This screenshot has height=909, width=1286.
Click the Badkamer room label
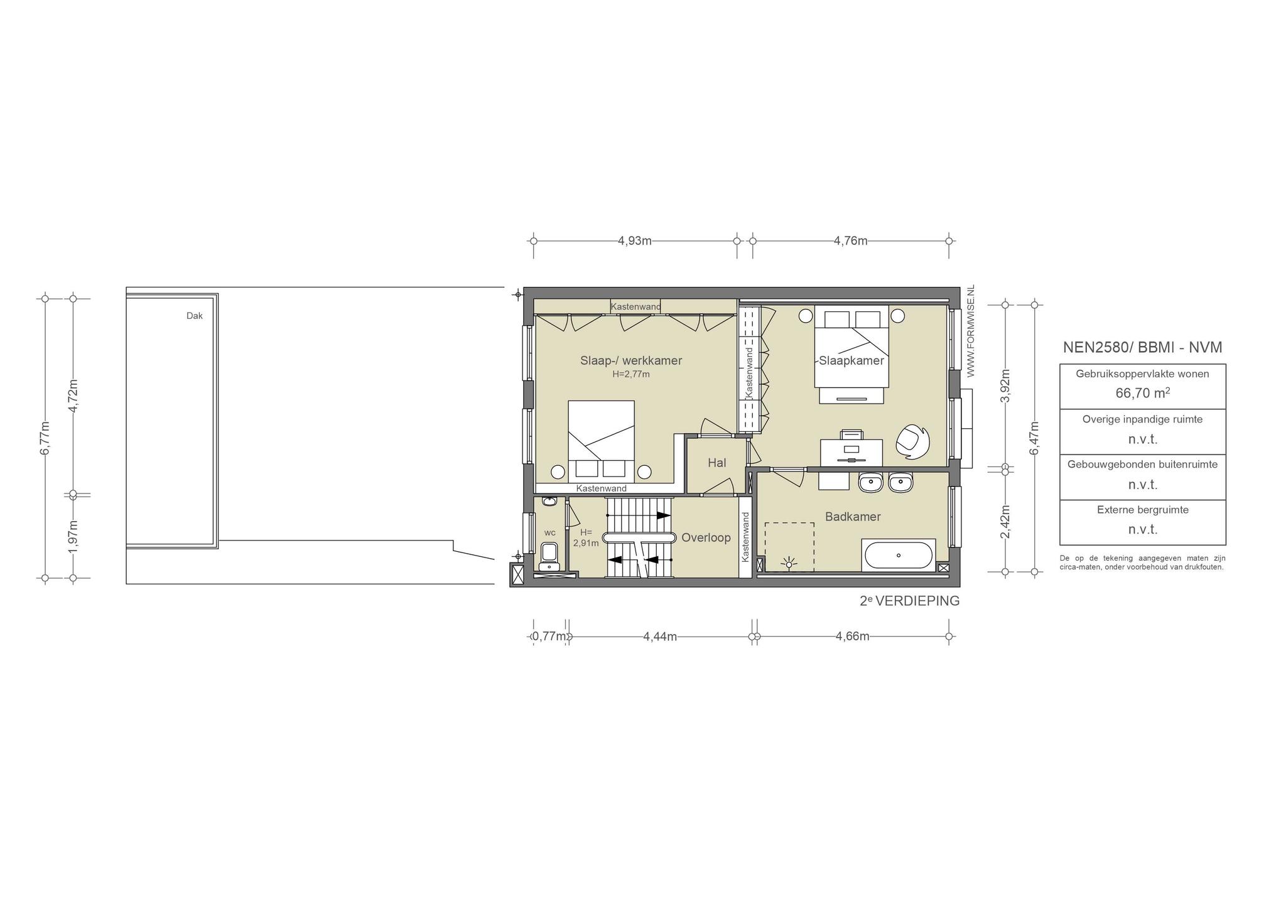click(853, 517)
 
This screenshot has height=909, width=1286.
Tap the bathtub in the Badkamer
click(899, 555)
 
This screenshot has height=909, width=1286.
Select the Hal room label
click(716, 463)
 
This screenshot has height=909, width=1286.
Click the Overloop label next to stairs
click(706, 538)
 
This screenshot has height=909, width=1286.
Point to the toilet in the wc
click(549, 557)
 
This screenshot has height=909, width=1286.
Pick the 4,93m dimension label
click(635, 240)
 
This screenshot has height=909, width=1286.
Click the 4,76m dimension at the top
click(851, 240)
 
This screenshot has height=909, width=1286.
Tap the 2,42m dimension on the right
click(1005, 522)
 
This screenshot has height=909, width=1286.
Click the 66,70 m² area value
click(1143, 393)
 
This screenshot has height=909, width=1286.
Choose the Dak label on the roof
click(195, 316)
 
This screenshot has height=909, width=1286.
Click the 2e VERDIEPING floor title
click(910, 601)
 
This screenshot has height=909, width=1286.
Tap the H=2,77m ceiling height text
click(631, 374)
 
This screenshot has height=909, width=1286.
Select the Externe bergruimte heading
click(1143, 510)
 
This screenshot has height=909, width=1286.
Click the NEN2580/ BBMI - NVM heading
click(1143, 347)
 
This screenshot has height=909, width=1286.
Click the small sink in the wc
click(549, 502)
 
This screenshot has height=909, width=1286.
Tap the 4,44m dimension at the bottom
click(660, 637)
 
